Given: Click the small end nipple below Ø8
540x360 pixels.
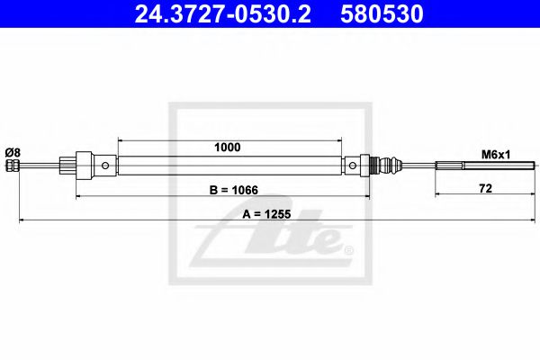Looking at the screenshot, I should (11, 166).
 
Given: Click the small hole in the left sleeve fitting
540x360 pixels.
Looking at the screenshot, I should (107, 166).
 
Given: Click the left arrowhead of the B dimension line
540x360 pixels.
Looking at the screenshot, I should (78, 194).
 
